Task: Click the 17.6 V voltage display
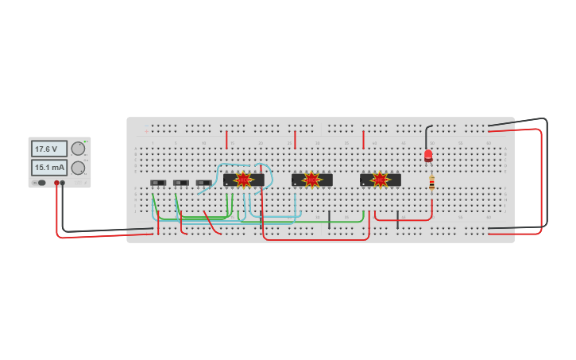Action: pyautogui.click(x=48, y=149)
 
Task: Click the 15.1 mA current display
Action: pyautogui.click(x=48, y=168)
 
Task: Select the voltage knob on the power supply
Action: pyautogui.click(x=78, y=149)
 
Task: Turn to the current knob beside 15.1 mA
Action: pyautogui.click(x=78, y=168)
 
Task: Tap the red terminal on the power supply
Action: pyautogui.click(x=56, y=183)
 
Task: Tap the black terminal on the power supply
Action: pyautogui.click(x=63, y=183)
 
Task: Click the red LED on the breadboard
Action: pyautogui.click(x=428, y=155)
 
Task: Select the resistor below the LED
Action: pyautogui.click(x=431, y=183)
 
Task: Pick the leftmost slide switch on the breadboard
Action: pyautogui.click(x=158, y=183)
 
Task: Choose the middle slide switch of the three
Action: pyautogui.click(x=181, y=183)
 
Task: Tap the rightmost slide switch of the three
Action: pyautogui.click(x=203, y=183)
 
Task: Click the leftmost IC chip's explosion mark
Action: pyautogui.click(x=243, y=180)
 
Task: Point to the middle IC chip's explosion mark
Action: pyautogui.click(x=311, y=180)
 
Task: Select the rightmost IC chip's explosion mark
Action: pyautogui.click(x=380, y=180)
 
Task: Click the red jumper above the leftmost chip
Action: pyautogui.click(x=226, y=140)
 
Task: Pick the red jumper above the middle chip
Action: pyautogui.click(x=295, y=140)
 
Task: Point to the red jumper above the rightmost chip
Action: pyautogui.click(x=363, y=140)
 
